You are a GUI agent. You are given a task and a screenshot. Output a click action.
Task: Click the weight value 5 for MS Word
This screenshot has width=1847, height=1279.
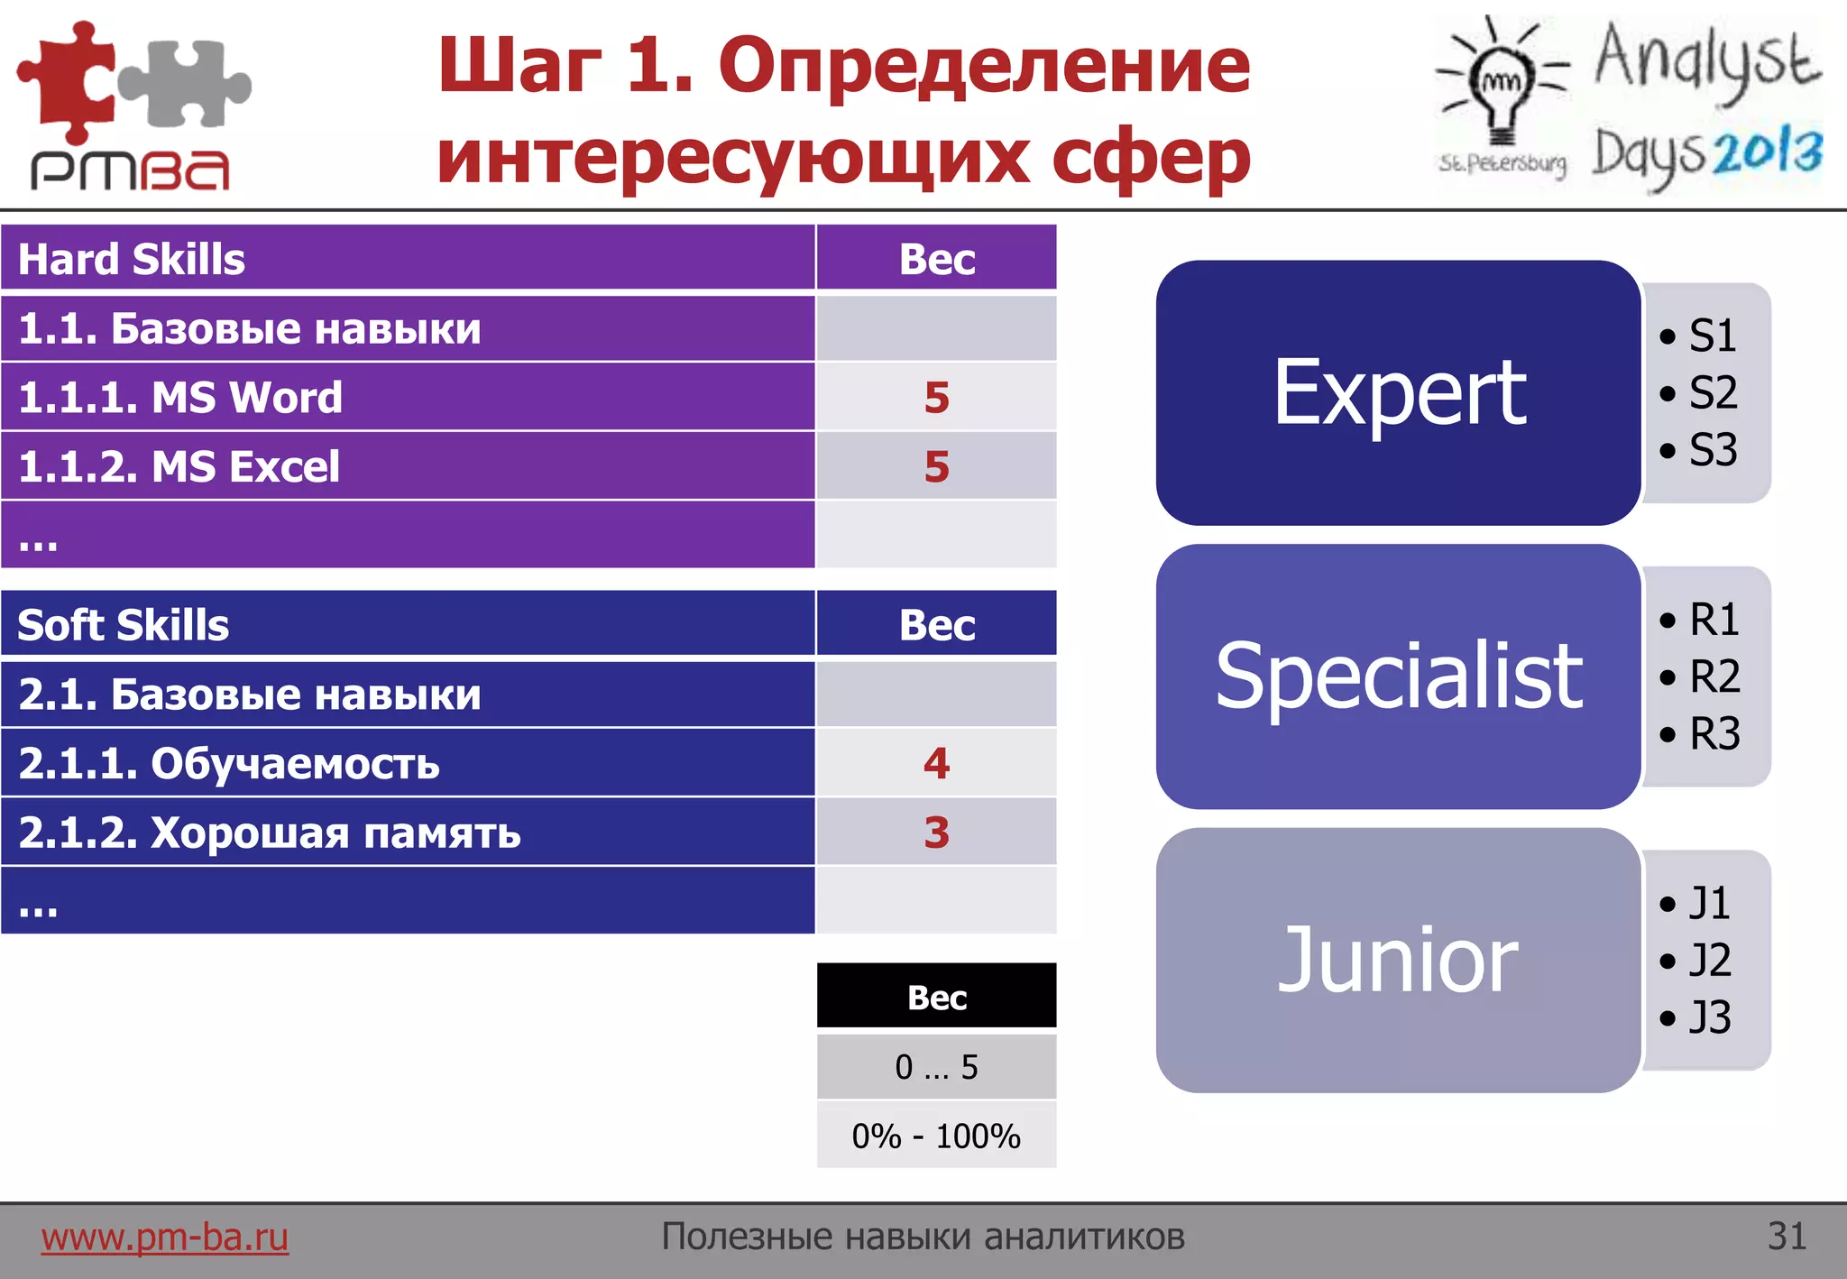click(x=936, y=397)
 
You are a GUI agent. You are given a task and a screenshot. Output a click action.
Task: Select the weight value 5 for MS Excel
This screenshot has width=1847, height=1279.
click(x=936, y=466)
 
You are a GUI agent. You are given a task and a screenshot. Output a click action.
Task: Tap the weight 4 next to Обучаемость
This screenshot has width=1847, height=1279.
click(x=936, y=763)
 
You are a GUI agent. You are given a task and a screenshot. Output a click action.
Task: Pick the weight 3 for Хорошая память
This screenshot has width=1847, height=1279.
click(x=936, y=832)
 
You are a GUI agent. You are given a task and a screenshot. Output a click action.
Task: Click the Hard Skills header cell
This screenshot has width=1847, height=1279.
click(x=132, y=259)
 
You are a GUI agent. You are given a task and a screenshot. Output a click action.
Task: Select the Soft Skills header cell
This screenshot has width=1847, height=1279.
click(x=124, y=624)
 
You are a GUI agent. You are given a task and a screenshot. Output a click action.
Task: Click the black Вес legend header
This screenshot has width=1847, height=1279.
click(x=936, y=997)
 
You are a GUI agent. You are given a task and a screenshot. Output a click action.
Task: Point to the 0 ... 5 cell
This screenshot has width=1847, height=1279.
click(x=936, y=1067)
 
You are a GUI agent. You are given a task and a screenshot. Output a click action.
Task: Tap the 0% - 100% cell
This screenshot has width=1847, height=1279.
click(x=936, y=1136)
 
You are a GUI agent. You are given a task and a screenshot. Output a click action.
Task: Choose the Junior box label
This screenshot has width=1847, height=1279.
click(x=1399, y=960)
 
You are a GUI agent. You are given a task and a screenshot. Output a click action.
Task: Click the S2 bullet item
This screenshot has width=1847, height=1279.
click(x=1711, y=393)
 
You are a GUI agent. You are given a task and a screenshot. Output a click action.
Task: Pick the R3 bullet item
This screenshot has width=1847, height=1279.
click(x=1713, y=733)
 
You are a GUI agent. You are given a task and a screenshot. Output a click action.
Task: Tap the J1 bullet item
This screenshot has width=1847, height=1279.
click(x=1708, y=903)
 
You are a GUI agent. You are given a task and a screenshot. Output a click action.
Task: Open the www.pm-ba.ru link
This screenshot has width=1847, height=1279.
click(x=165, y=1237)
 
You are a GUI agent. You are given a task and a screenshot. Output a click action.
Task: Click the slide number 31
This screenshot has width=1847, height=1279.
click(x=1787, y=1237)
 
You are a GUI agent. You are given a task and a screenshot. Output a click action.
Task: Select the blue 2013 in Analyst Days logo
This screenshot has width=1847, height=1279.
click(x=1767, y=152)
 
